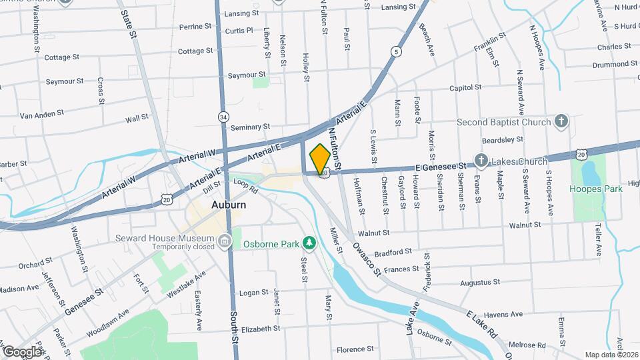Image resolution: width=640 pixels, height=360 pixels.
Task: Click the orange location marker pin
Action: click(319, 158)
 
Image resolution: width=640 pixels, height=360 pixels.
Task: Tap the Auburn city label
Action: click(229, 205)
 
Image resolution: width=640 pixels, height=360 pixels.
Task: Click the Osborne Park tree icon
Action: click(308, 243)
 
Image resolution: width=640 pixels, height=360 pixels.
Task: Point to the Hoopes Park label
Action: click(595, 189)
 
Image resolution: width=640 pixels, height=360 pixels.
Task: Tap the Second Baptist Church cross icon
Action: click(561, 122)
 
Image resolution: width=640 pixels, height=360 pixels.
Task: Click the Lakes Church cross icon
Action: click(481, 161)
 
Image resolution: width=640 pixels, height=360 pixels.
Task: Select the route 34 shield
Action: click(223, 117)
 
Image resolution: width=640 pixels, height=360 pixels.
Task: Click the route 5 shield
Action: click(397, 51)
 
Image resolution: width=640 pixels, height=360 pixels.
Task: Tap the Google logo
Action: click(21, 351)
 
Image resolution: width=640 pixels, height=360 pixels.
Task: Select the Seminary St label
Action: click(249, 127)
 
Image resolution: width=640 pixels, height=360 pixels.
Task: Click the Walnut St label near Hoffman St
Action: click(373, 233)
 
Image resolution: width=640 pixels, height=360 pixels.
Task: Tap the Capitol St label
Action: click(465, 87)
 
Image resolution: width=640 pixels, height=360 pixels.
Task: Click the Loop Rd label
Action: click(245, 185)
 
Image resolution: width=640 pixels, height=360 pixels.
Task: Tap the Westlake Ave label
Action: click(187, 285)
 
